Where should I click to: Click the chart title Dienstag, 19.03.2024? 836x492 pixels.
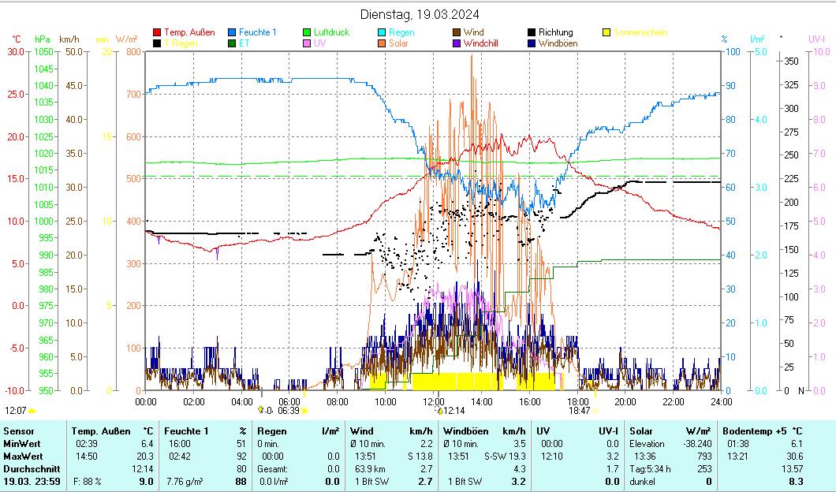419,14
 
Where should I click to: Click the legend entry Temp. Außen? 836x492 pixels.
188,32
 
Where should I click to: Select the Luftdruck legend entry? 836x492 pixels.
331,32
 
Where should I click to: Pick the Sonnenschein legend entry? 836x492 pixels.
640,32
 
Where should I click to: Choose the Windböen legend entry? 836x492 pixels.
558,43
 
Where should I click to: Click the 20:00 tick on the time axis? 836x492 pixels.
625,401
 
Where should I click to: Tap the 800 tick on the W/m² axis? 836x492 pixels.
132,51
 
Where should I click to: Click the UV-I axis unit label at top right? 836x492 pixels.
816,38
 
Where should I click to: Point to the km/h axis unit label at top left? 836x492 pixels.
69,39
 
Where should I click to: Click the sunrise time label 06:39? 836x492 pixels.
289,410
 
